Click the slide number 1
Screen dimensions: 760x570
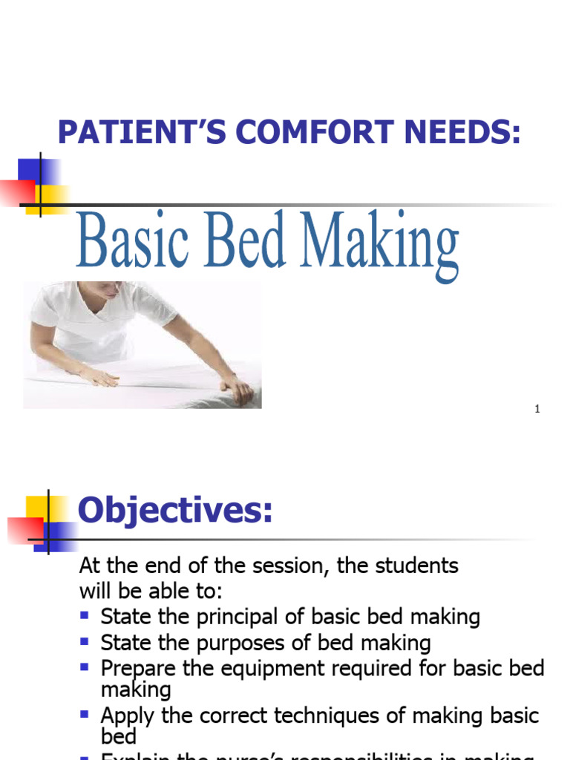coord(537,410)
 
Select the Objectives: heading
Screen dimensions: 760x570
coord(175,511)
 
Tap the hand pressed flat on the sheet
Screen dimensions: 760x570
coord(100,376)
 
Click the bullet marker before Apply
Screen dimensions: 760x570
coord(85,713)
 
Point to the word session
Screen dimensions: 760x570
coord(287,566)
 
